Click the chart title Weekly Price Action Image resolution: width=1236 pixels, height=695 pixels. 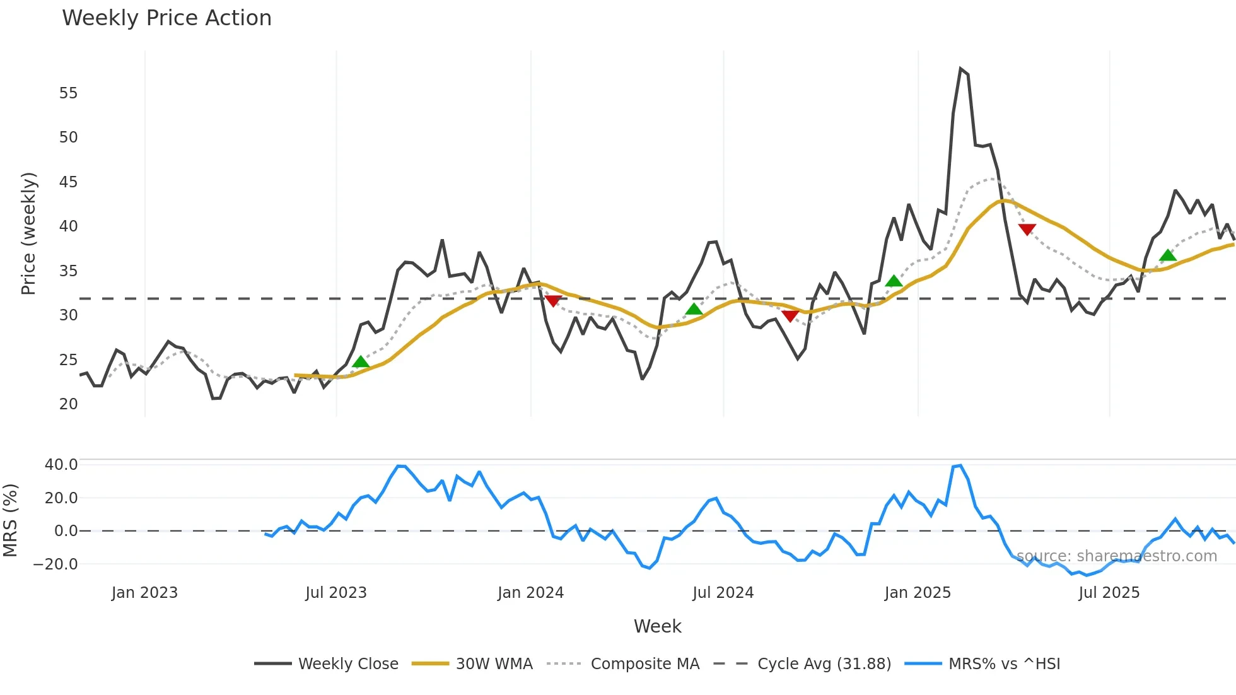[x=166, y=18]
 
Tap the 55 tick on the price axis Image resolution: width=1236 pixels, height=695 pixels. [x=68, y=93]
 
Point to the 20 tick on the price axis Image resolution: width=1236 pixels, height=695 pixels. [x=68, y=404]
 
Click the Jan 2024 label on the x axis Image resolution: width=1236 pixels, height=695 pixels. [x=530, y=593]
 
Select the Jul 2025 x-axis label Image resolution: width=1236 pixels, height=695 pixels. [x=1109, y=593]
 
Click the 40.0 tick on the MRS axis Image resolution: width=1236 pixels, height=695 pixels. [x=61, y=465]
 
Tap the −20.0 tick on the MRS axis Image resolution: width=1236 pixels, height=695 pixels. [x=55, y=564]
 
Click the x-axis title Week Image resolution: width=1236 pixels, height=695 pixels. [x=657, y=626]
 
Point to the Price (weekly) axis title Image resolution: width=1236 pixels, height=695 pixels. [x=29, y=233]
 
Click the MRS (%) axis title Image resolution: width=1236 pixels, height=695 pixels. [x=10, y=520]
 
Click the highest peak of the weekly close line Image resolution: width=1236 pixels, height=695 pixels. [x=960, y=69]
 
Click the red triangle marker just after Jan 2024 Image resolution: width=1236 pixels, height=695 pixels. [x=553, y=301]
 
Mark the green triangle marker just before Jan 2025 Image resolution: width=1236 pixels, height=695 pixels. [x=894, y=281]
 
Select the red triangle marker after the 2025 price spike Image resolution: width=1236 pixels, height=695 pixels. [x=1027, y=230]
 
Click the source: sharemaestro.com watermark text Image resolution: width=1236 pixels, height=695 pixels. [x=1116, y=556]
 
